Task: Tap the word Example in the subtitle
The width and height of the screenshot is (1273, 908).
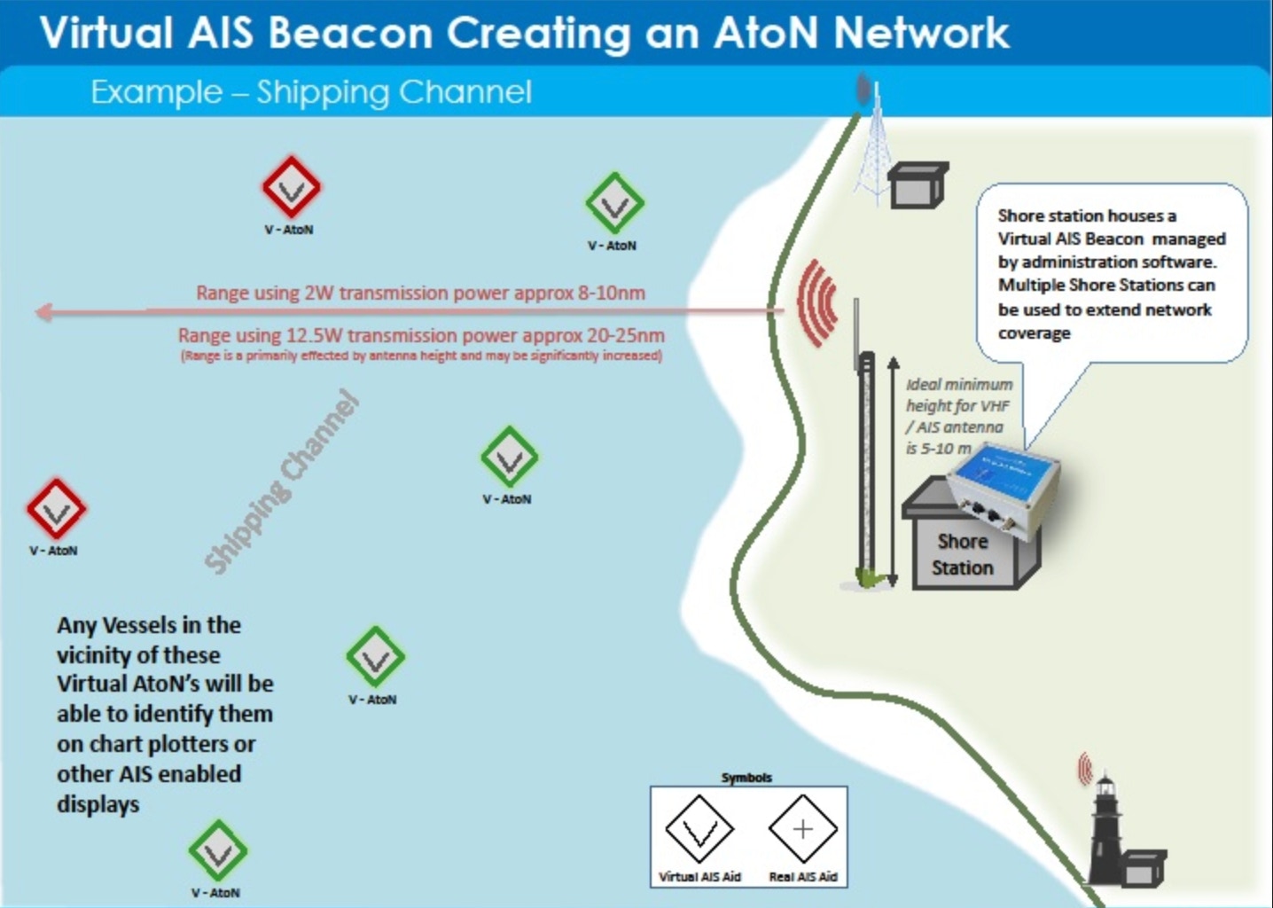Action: (156, 92)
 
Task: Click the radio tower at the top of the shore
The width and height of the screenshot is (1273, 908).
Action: (872, 146)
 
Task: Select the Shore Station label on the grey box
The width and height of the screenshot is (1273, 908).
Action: (963, 554)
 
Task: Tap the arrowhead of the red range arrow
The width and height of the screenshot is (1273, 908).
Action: (43, 312)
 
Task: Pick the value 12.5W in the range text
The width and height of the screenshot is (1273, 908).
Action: (314, 336)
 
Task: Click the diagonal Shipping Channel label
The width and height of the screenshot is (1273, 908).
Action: (282, 482)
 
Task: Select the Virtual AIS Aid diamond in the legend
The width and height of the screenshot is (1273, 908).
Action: (699, 830)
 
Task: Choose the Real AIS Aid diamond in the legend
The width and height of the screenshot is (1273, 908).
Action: (803, 830)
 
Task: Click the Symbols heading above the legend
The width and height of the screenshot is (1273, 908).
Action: (746, 778)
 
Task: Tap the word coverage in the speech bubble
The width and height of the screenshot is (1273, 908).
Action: (1034, 333)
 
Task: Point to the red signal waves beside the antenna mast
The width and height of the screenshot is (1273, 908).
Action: (817, 301)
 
